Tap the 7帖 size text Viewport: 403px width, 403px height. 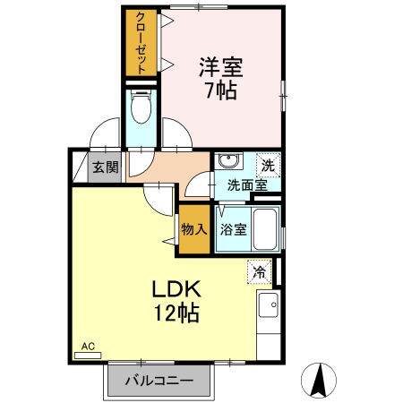(x=220, y=91)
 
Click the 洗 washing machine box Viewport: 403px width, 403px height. (x=267, y=164)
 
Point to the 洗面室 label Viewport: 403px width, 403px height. (x=245, y=186)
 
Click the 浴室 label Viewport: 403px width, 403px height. (x=234, y=229)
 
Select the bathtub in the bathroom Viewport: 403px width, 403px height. (x=266, y=228)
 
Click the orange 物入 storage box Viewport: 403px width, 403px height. (x=194, y=229)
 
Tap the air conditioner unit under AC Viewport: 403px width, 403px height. (x=88, y=356)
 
